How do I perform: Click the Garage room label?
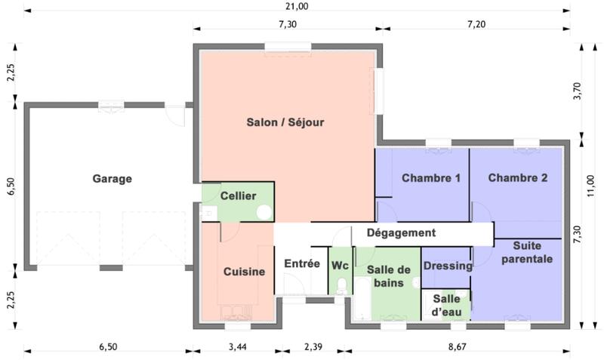click(x=112, y=179)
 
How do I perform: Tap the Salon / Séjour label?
click(x=285, y=122)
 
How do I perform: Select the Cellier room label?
click(x=238, y=196)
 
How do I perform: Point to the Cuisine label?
click(x=245, y=272)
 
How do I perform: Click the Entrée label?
click(x=302, y=263)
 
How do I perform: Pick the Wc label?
click(x=341, y=265)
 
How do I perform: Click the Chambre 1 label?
click(x=431, y=178)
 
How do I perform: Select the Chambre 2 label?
click(x=518, y=178)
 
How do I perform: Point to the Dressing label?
click(x=448, y=266)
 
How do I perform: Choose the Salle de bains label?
click(x=388, y=276)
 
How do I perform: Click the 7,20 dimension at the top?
click(x=476, y=25)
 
